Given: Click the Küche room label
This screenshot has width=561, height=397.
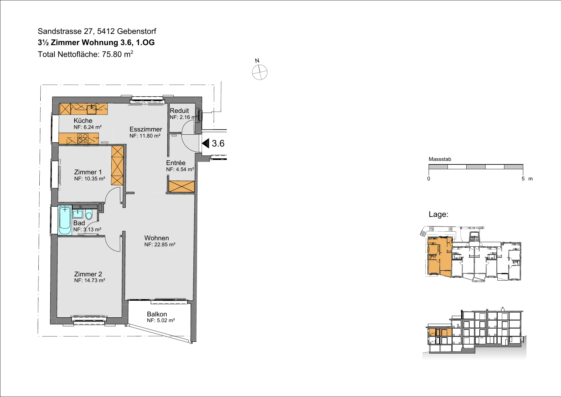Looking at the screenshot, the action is click(x=83, y=121).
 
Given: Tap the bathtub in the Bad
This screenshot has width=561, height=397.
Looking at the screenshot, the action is click(x=65, y=220).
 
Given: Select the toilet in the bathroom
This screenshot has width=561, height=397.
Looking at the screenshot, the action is click(x=89, y=214).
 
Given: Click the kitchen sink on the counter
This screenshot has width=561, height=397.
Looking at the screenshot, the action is click(x=92, y=109).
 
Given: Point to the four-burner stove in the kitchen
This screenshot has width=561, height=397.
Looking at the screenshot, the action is click(x=83, y=139).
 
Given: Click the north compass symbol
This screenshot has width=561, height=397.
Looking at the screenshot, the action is click(x=260, y=72).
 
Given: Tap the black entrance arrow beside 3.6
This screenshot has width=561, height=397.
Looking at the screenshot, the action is click(x=206, y=143).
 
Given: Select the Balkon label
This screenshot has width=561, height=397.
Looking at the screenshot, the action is click(x=157, y=314).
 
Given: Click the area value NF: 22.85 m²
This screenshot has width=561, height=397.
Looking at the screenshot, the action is click(x=160, y=245).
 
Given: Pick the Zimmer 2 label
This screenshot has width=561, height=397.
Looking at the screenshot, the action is click(x=88, y=274).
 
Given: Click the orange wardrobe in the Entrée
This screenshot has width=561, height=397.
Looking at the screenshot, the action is click(x=181, y=187).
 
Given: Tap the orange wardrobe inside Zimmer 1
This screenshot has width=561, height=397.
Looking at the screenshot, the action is click(x=117, y=165).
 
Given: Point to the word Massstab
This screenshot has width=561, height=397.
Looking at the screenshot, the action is click(x=440, y=159).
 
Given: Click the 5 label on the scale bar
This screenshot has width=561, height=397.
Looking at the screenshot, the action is click(x=523, y=179).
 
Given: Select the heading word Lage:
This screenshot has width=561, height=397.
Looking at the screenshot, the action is click(x=439, y=214).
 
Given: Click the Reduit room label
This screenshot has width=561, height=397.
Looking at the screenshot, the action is click(x=179, y=111).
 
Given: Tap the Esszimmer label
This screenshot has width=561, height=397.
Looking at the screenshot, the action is click(x=146, y=129).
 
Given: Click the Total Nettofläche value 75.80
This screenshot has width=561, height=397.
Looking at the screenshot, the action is click(x=112, y=54).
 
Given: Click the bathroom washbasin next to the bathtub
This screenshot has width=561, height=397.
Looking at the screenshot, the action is click(x=78, y=213).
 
